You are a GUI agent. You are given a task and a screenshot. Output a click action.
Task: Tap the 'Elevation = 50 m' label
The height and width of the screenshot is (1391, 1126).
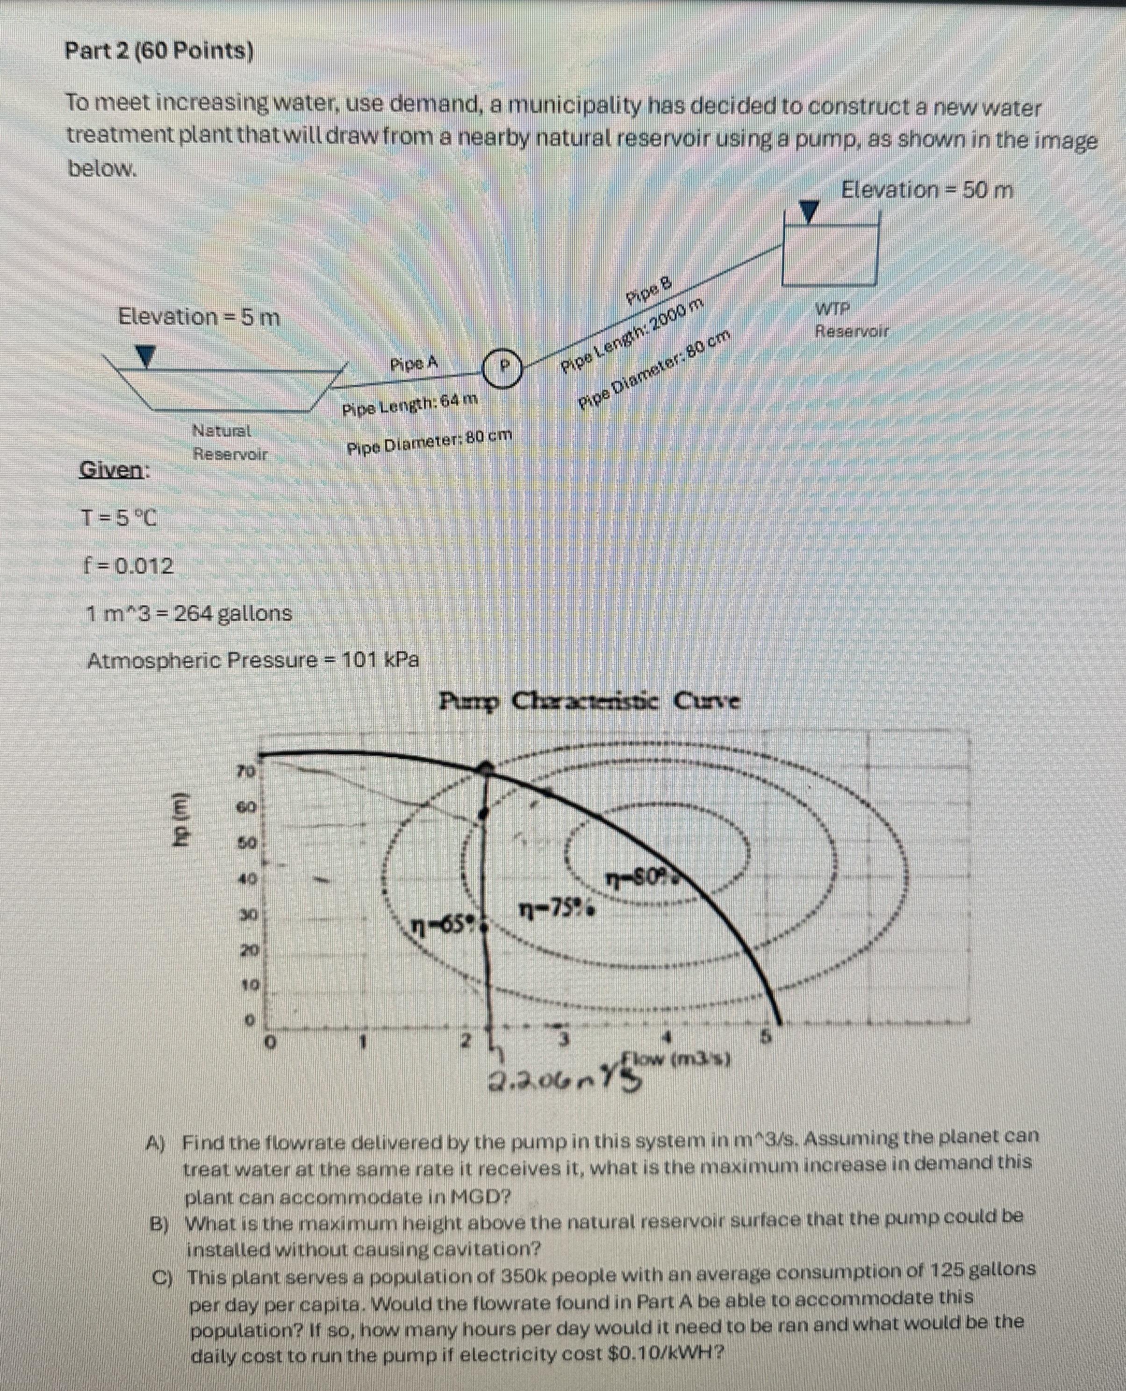point(927,191)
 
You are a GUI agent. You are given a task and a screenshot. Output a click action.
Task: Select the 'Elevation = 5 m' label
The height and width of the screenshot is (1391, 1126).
point(199,318)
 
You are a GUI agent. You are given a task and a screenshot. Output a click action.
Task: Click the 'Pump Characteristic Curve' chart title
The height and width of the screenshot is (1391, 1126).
point(589,701)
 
